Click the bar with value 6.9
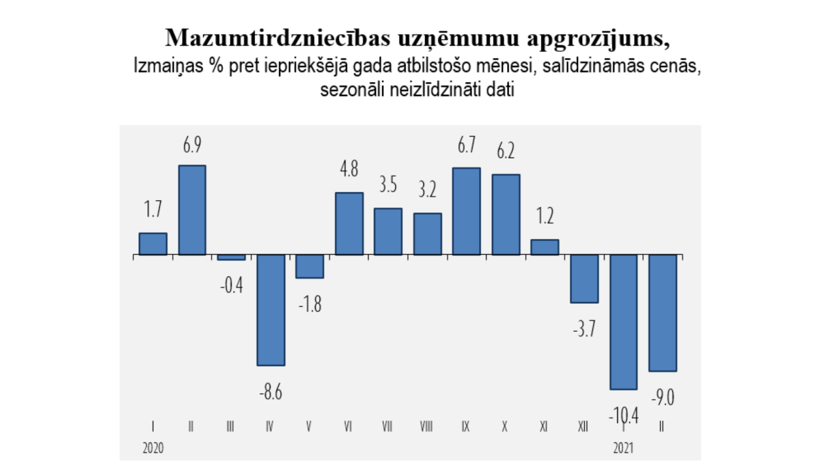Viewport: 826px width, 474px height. [192, 210]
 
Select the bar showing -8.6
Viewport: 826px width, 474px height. [271, 310]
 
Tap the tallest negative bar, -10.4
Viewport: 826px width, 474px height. [623, 322]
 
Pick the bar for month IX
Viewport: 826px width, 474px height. [466, 211]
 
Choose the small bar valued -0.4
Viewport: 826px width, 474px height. [231, 257]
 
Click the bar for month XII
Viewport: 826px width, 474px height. [584, 278]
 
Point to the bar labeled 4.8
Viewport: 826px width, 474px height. [349, 224]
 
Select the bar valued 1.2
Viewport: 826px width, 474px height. [545, 247]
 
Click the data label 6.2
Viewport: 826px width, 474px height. [506, 151]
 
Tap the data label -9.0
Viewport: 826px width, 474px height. [662, 397]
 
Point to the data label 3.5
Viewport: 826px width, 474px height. [388, 185]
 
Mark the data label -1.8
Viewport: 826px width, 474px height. [309, 304]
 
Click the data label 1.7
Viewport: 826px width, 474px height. [153, 209]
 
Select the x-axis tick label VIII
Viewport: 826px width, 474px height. [426, 427]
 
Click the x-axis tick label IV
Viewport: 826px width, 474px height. [269, 427]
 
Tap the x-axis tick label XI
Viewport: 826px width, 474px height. [544, 427]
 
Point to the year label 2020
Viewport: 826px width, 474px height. [153, 448]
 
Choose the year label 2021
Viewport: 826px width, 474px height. [623, 448]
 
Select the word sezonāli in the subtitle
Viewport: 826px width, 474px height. [352, 89]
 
